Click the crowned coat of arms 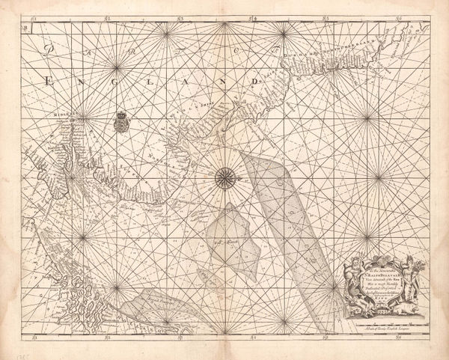click(121, 119)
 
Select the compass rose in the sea click(224, 177)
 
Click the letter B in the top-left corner click(25, 28)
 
